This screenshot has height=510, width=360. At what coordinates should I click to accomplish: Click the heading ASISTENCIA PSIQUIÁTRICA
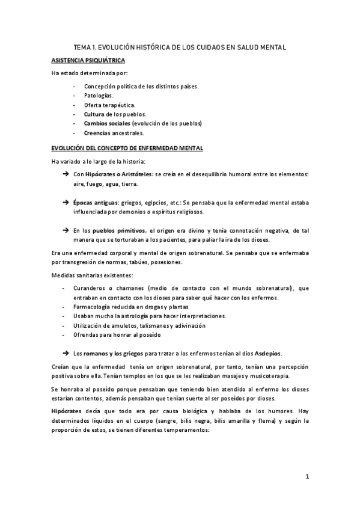pos(88,61)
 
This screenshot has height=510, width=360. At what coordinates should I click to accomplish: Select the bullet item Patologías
pos(98,95)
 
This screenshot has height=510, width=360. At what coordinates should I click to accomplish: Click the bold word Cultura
pos(94,114)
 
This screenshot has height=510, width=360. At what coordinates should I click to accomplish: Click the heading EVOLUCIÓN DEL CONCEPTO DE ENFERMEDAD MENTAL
pos(127,148)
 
